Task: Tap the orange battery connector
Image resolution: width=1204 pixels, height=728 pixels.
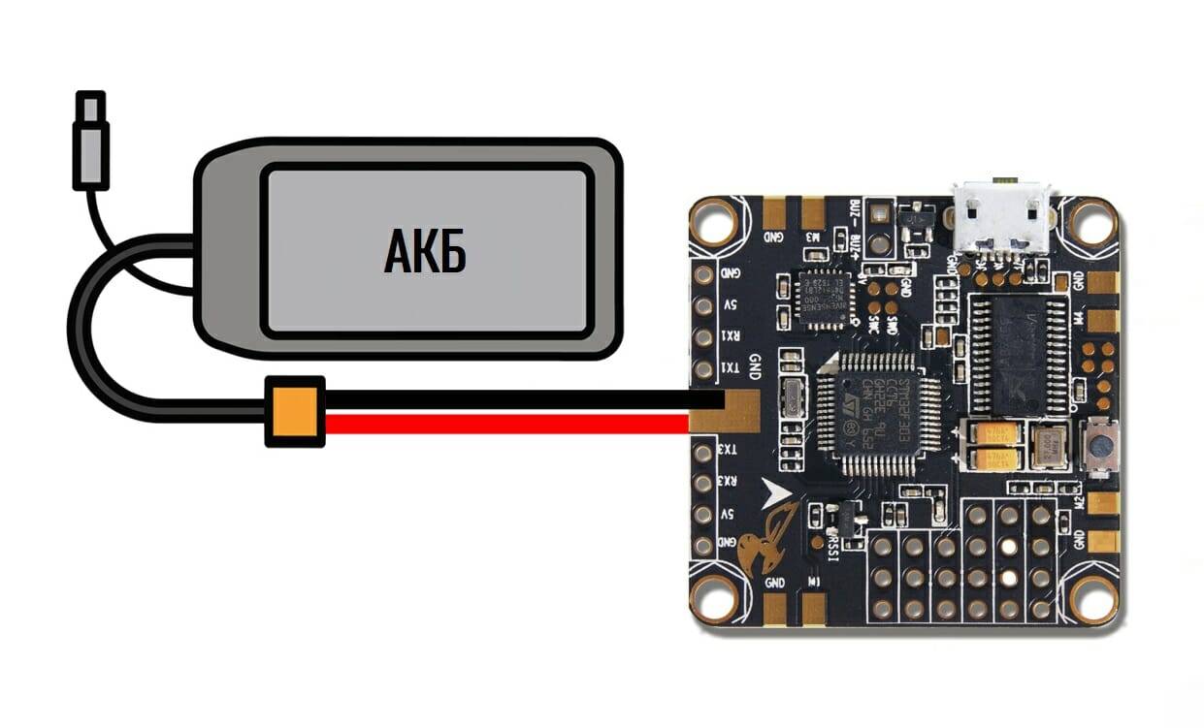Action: [295, 411]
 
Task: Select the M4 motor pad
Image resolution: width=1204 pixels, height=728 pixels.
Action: [1099, 320]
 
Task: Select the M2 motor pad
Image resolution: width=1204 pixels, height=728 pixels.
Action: [1099, 504]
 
